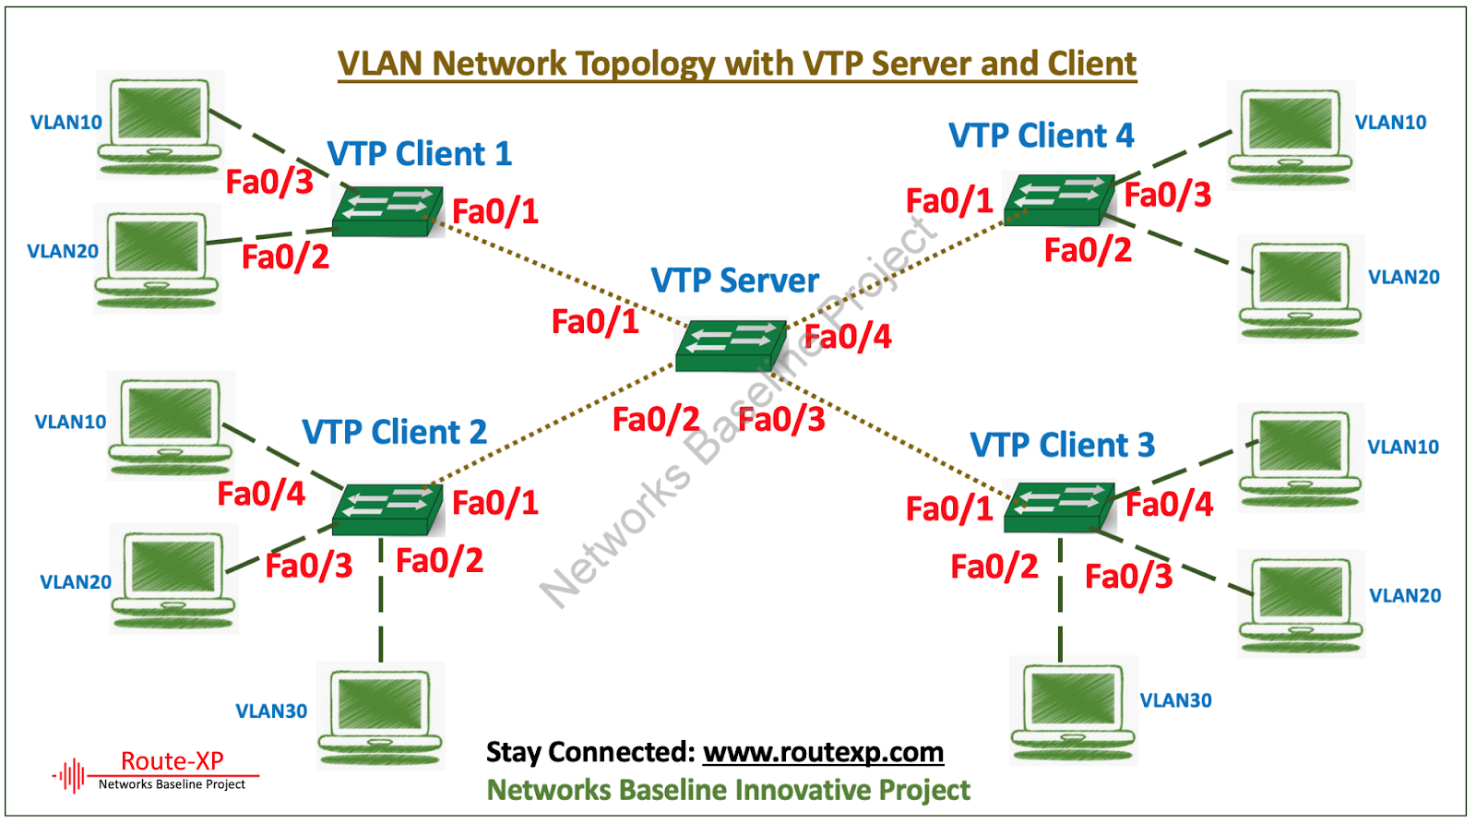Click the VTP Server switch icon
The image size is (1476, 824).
pos(730,346)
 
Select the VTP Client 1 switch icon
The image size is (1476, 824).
pos(387,211)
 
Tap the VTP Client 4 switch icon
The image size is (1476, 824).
pos(1059,199)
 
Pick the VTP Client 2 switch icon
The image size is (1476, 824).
pos(387,509)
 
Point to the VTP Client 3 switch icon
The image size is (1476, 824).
pos(1059,508)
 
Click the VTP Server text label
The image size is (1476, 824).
pos(734,281)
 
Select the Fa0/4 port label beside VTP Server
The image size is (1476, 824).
pos(847,337)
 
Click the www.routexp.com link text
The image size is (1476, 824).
pos(823,752)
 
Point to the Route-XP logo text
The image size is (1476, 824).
pos(173,761)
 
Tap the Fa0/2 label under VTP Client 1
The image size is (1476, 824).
pos(285,257)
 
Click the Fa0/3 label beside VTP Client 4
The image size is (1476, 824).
pos(1167,195)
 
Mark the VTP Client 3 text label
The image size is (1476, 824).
pos(1062,445)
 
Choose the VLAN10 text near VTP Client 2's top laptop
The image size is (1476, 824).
pos(70,422)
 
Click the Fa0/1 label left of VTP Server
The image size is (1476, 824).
pos(595,321)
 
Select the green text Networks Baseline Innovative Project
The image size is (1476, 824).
pos(728,791)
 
